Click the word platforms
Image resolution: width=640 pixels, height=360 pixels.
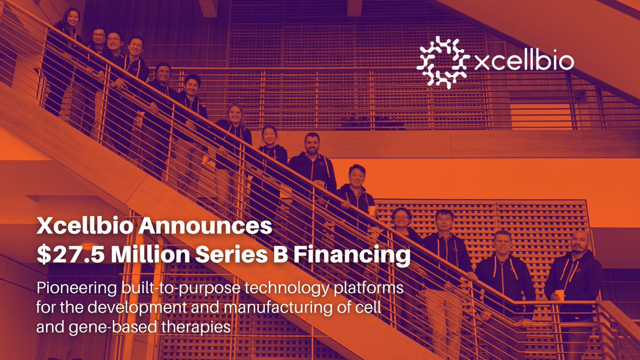(x=368, y=290)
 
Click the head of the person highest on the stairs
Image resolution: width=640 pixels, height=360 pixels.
(x=72, y=16)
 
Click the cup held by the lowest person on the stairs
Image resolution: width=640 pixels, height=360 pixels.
(x=559, y=295)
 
